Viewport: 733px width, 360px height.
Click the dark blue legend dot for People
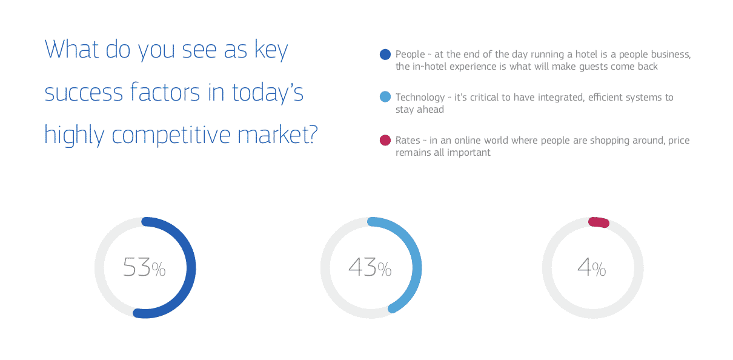pos(385,55)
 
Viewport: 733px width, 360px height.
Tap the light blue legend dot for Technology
pos(385,97)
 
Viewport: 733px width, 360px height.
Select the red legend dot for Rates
pos(385,140)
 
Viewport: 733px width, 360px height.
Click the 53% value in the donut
pos(144,267)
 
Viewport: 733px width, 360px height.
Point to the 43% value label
pos(370,267)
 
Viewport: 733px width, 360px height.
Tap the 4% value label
pos(592,267)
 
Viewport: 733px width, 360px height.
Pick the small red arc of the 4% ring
pos(599,222)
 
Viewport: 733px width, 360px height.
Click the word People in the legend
pos(410,55)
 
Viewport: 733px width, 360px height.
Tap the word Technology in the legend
pos(420,98)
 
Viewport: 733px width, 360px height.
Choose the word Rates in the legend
pos(408,141)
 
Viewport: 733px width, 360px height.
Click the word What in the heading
pos(71,50)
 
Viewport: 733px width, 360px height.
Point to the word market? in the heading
pos(277,135)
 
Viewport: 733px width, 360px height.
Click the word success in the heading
pos(84,93)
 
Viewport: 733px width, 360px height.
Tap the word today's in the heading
pos(268,93)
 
